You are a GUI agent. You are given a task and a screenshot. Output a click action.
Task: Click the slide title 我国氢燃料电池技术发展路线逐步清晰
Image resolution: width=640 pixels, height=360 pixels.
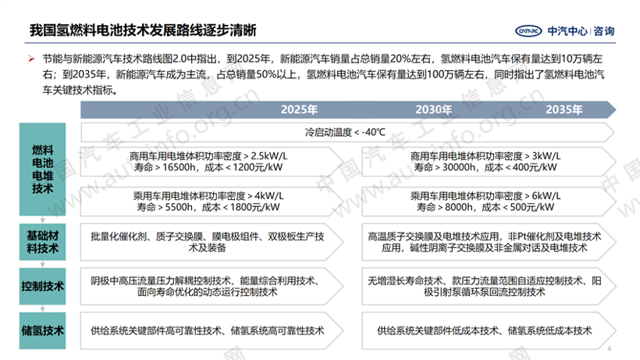[x=143, y=30]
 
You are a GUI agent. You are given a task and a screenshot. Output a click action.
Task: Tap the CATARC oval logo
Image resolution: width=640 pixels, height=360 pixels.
[x=528, y=31]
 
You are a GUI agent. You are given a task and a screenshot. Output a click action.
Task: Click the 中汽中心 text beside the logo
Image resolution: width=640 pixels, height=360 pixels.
[x=567, y=31]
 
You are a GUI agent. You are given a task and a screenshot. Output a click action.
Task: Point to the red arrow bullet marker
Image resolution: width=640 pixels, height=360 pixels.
[x=31, y=59]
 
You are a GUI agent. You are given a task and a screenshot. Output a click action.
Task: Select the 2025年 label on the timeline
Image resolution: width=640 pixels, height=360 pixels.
[x=299, y=109]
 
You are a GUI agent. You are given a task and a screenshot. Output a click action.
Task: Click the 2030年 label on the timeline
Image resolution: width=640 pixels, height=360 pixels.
[x=433, y=109]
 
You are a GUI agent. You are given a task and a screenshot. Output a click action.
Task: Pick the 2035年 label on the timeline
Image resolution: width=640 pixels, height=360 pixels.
[x=564, y=109]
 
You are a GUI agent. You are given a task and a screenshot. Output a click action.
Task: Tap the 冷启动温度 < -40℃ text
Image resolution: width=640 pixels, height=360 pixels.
[x=345, y=132]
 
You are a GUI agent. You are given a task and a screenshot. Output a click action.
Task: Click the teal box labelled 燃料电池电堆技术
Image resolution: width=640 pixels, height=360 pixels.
[x=42, y=169]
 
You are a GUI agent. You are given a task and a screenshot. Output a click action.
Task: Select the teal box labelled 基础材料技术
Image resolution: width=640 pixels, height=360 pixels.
[x=42, y=241]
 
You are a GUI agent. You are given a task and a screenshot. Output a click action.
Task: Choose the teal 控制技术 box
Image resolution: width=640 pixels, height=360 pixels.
[x=42, y=286]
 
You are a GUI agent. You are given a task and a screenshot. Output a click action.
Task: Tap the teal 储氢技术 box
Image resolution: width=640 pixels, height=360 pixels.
[x=42, y=330]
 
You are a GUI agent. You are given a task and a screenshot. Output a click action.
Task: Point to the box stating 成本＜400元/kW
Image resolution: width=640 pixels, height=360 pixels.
[x=489, y=162]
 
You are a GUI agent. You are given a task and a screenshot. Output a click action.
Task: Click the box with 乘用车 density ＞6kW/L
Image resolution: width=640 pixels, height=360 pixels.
[x=489, y=201]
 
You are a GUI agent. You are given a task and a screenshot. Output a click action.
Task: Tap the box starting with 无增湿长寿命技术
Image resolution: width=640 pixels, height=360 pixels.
[x=489, y=286]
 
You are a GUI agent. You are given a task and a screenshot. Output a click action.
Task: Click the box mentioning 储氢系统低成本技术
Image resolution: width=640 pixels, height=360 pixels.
[x=489, y=330]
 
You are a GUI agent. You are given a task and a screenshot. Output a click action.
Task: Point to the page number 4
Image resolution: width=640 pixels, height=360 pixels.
[x=610, y=348]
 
